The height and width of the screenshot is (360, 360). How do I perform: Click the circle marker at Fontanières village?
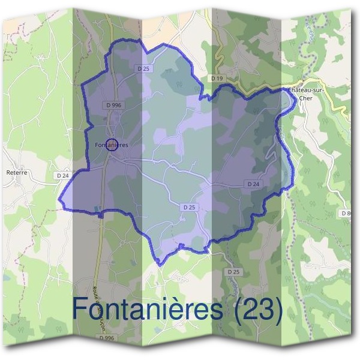coord(111,145)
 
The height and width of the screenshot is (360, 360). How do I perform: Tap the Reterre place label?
coord(17,172)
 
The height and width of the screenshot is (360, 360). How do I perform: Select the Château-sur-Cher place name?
coord(306,90)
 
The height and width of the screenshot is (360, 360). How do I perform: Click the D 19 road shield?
coord(217,79)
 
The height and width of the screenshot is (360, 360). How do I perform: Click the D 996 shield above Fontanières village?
coord(113,105)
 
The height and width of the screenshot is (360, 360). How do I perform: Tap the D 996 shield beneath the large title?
coord(107,338)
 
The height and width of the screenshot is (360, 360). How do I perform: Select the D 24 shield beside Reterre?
coord(62,175)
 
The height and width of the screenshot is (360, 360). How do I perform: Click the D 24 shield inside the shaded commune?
coord(253,184)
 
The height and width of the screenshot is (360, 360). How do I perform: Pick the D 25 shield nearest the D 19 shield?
coord(143,69)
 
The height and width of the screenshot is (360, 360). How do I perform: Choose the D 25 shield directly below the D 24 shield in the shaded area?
coord(188,207)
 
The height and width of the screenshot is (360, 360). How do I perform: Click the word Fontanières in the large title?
coord(150,309)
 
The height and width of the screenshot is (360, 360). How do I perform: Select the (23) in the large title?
coord(257,310)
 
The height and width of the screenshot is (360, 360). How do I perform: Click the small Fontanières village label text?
coord(112,145)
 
